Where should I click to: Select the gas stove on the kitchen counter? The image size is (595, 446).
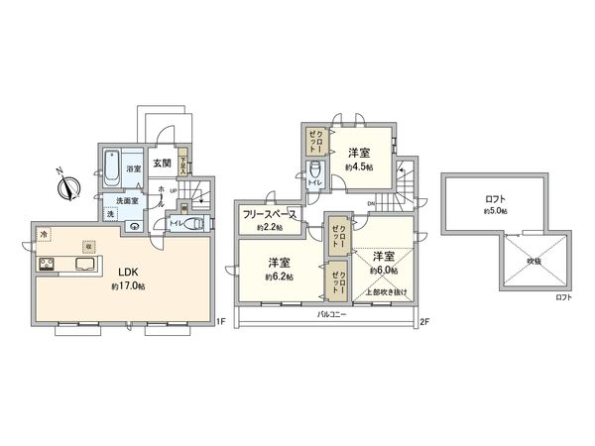(x=46, y=265)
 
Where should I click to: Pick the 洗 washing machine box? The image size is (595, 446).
(x=112, y=214)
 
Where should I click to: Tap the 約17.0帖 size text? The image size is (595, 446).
(x=128, y=286)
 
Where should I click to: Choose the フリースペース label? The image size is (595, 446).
(x=270, y=213)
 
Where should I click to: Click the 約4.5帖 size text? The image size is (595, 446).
(x=358, y=167)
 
